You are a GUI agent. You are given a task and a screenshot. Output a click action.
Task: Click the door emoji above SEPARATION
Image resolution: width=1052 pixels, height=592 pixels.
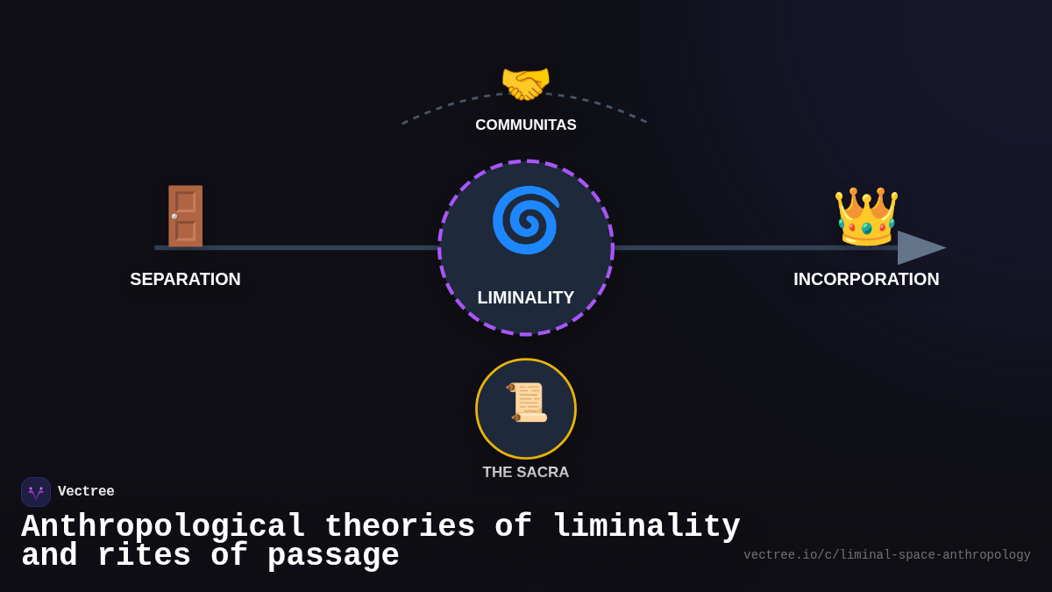pos(185,215)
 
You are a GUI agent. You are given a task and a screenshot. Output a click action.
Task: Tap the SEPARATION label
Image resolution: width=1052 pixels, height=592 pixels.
pos(185,279)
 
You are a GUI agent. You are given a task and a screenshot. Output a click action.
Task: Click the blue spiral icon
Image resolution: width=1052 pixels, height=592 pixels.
pos(525,220)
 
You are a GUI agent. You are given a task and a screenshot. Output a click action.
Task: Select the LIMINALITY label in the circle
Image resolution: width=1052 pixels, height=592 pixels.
pos(526,297)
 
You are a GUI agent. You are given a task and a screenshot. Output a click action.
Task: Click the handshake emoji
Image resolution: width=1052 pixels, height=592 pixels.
pos(525,84)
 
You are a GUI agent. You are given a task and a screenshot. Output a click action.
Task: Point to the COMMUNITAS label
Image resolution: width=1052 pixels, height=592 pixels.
pos(526,125)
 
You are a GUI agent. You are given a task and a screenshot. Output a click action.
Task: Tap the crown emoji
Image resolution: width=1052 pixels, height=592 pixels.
pos(866,216)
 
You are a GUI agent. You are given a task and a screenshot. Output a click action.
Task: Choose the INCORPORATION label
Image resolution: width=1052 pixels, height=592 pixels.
pos(866,279)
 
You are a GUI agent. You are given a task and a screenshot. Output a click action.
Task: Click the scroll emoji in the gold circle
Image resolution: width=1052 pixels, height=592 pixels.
pos(526,403)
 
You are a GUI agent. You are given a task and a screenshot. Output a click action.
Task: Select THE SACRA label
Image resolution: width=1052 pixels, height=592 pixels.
pos(526,473)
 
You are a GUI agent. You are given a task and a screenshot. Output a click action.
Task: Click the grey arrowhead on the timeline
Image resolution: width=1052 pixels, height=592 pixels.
pos(919,247)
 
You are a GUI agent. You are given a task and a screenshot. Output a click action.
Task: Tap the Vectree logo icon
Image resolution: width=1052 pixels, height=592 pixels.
pos(36,492)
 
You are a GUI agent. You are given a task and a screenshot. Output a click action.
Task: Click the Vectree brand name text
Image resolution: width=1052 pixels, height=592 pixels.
pos(86,492)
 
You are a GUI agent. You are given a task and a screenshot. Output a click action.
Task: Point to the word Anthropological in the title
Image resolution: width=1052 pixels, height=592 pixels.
pos(163,527)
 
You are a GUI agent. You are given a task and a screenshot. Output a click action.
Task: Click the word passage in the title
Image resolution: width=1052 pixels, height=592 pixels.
pos(333,556)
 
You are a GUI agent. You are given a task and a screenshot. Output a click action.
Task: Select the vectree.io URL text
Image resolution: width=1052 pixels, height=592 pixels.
pos(886,555)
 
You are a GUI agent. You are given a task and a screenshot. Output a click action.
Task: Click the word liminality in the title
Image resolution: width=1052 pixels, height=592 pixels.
pos(646,527)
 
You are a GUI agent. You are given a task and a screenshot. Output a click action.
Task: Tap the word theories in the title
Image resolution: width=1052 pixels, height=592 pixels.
pos(400,527)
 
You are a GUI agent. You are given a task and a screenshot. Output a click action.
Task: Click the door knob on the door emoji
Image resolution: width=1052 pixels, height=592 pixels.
pos(175,216)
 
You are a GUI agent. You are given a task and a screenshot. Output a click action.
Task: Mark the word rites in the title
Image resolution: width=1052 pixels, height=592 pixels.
pos(144,556)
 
